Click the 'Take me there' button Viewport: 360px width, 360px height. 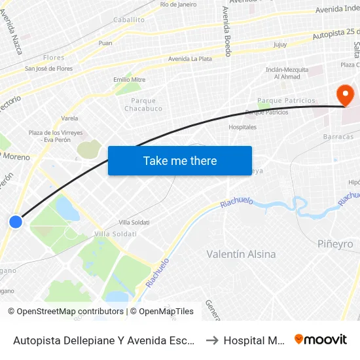coord(180,160)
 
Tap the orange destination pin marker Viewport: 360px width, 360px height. coord(344,96)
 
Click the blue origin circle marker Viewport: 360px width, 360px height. coord(16,222)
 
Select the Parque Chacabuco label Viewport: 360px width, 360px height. coord(143,105)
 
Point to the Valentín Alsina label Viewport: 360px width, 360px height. coord(241,254)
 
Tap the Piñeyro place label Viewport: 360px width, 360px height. coord(334,244)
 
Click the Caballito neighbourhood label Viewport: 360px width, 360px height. coord(129,20)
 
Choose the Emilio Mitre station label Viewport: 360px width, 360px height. coord(129,80)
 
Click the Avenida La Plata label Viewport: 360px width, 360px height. coord(190,59)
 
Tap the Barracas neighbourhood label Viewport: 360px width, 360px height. coord(338,137)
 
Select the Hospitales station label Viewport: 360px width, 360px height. coord(242,127)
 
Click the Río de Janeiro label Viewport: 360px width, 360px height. coord(178,5)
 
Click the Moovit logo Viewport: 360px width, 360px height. coord(321,340)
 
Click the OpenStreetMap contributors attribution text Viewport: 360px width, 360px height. coord(65,312)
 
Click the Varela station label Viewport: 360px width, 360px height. coord(69,118)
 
